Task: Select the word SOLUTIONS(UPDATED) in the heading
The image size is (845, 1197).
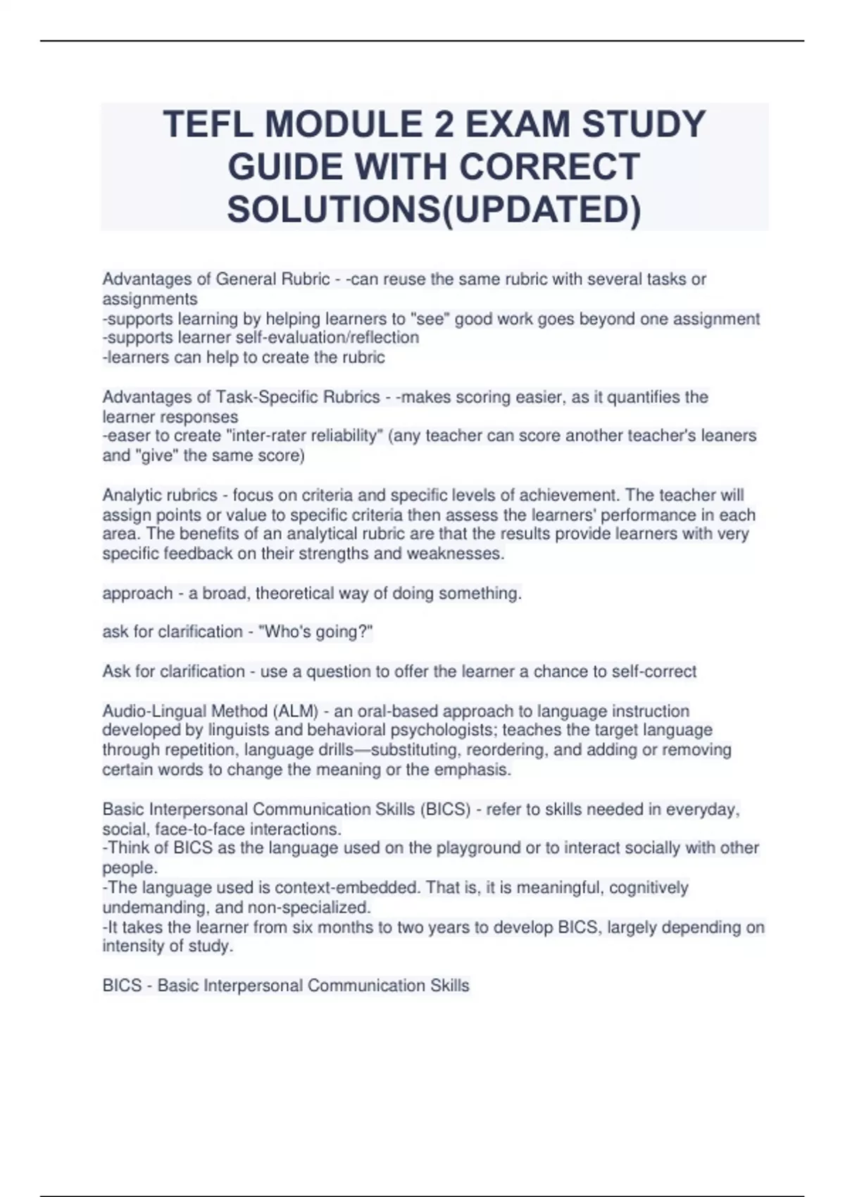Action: (x=434, y=210)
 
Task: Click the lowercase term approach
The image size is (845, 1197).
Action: (x=137, y=594)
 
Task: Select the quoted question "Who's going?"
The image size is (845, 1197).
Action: (x=316, y=632)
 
